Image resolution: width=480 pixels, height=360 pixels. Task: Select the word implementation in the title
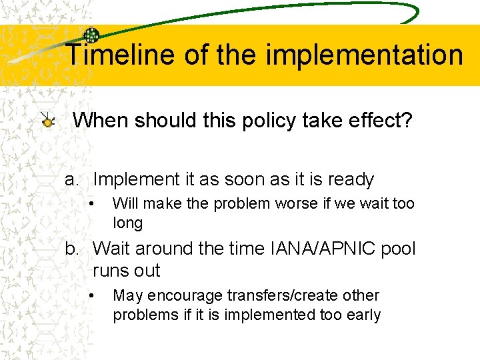364,55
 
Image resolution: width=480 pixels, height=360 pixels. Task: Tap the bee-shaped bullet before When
47,121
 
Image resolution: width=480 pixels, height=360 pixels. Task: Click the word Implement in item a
136,179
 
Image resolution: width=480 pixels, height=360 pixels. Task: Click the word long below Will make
127,223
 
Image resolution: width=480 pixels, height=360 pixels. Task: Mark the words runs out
126,271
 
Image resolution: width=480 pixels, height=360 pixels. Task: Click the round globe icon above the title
91,36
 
